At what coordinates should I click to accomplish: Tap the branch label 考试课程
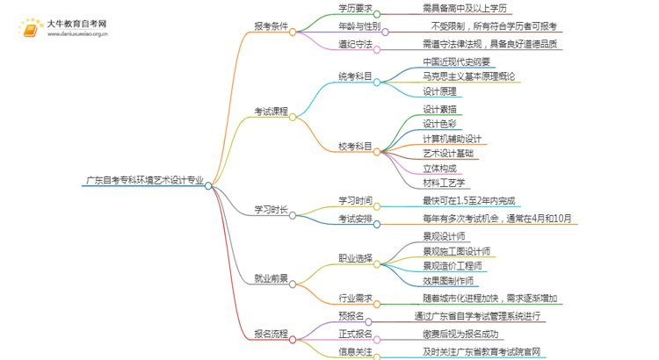[271, 112]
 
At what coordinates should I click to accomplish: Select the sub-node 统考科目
[355, 79]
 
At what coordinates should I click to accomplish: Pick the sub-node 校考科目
[355, 145]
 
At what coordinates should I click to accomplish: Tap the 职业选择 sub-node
[355, 258]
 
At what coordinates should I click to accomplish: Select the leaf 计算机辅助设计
[453, 139]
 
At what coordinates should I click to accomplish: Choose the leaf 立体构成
[439, 168]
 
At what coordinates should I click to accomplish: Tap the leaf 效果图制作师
[448, 281]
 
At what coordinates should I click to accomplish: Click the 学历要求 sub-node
[355, 9]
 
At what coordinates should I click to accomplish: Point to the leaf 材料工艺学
[444, 183]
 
